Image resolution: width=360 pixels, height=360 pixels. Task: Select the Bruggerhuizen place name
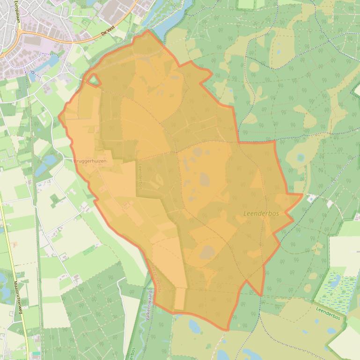(x=90, y=161)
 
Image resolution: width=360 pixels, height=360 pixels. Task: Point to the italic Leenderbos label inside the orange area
(x=261, y=213)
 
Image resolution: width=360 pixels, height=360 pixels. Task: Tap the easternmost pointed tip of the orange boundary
(x=302, y=194)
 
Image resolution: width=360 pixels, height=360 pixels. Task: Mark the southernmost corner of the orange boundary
(x=228, y=330)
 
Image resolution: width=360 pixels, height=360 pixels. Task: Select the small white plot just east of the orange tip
(x=311, y=198)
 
